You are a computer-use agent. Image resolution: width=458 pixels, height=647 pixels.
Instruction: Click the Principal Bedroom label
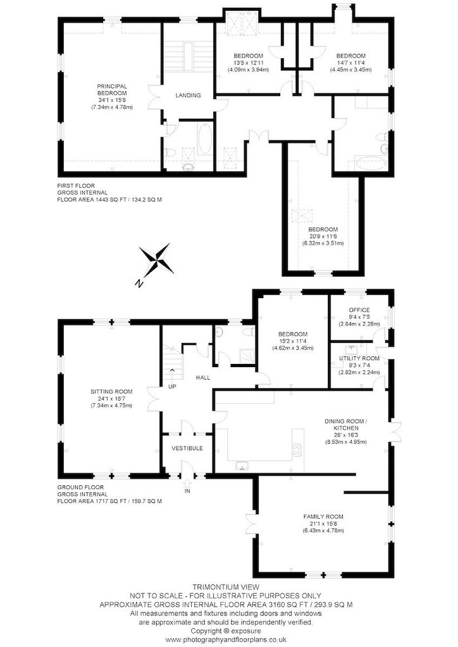[112, 90]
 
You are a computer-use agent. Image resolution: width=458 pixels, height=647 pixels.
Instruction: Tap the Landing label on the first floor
[188, 95]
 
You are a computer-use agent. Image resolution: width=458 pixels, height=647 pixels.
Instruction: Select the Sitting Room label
[111, 392]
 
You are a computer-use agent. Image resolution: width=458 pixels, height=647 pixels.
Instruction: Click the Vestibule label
[187, 448]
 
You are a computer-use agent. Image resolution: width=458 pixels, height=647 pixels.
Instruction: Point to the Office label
[359, 310]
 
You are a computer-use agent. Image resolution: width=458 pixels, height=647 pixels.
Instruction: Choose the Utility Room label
[359, 359]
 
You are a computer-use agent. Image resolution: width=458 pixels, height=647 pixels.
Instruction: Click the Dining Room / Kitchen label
[346, 425]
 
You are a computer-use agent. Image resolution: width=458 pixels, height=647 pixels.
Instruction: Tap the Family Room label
[323, 517]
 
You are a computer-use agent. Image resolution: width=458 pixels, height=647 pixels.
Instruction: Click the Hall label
[203, 378]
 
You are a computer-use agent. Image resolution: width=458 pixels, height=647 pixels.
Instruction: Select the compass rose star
[156, 259]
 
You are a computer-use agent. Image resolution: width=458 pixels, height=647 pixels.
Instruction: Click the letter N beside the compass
[140, 284]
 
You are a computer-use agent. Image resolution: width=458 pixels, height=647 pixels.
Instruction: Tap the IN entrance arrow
[188, 483]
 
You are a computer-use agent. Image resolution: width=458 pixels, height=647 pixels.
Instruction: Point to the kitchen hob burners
[297, 450]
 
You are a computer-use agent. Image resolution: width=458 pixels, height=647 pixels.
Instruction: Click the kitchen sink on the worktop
[243, 466]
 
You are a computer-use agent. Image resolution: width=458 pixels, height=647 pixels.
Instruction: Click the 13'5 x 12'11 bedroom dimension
[248, 63]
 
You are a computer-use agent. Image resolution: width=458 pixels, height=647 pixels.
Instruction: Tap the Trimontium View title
[226, 587]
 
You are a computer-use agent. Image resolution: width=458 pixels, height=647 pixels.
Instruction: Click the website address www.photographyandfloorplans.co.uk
[226, 639]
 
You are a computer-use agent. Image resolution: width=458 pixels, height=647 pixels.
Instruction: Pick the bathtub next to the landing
[205, 139]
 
